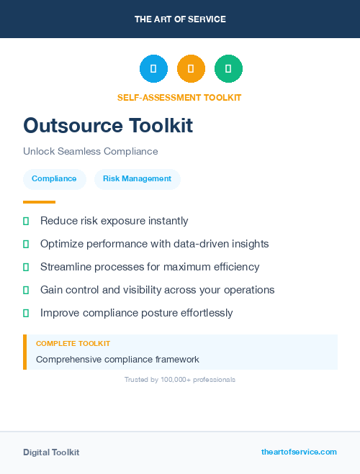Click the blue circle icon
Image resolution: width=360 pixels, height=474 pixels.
click(153, 69)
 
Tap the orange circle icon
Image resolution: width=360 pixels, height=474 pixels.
click(191, 69)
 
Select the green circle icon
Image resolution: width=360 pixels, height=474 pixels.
click(228, 69)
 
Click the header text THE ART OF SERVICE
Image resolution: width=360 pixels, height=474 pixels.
click(180, 19)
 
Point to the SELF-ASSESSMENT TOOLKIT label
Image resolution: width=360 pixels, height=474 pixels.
click(179, 98)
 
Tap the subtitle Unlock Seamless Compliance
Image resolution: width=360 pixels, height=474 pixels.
click(90, 152)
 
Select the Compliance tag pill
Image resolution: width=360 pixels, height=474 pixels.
click(54, 179)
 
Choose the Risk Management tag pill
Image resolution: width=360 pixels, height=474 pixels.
click(137, 179)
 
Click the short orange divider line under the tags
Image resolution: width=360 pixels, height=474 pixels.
click(39, 202)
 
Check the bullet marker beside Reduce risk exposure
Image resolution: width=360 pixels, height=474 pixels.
click(26, 221)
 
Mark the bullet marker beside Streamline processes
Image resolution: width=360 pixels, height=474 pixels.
click(26, 267)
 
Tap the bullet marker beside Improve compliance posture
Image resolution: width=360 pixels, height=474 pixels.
click(26, 313)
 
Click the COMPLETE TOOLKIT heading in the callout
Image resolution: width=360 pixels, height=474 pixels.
click(73, 344)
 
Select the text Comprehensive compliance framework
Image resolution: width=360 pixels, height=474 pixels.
click(117, 359)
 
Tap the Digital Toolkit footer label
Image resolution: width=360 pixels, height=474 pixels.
click(51, 452)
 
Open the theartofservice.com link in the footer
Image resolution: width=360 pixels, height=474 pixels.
click(299, 452)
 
